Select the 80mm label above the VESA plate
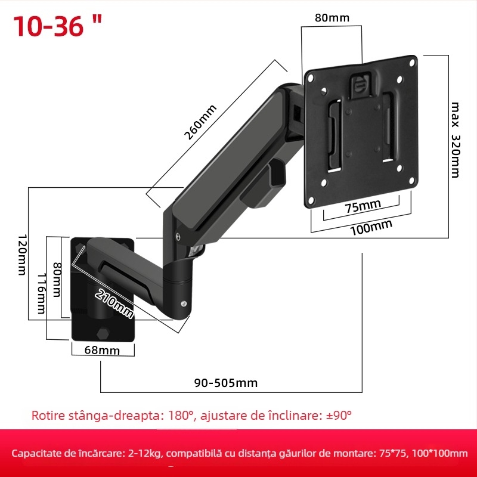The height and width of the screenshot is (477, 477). (x=332, y=18)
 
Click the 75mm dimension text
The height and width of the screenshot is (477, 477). (x=363, y=206)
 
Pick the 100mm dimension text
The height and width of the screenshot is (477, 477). (x=371, y=227)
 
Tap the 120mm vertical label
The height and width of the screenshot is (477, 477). (x=21, y=253)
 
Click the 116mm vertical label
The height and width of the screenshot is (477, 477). (x=41, y=293)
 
